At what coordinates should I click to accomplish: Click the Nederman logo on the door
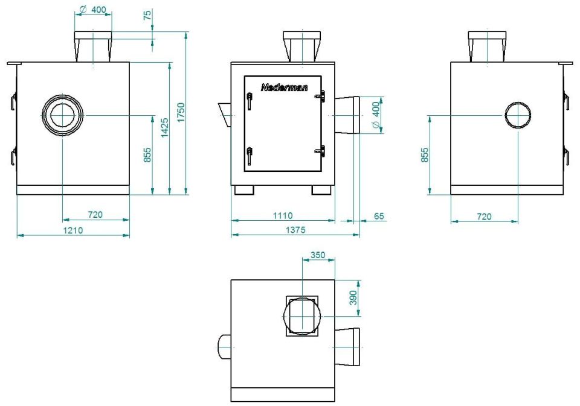(284, 87)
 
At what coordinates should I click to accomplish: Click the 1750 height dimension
(181, 113)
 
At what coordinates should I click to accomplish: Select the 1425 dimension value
(164, 128)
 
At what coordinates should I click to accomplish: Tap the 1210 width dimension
(73, 230)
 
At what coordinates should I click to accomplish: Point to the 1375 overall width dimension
(295, 230)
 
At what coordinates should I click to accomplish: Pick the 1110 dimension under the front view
(283, 216)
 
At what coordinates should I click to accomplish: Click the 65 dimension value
(379, 216)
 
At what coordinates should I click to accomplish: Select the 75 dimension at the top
(147, 15)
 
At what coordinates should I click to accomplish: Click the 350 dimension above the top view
(318, 255)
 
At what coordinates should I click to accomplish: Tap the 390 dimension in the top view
(353, 298)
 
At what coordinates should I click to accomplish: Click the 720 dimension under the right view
(484, 217)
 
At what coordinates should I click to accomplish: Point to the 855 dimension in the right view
(425, 155)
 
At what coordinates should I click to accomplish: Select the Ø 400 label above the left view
(93, 10)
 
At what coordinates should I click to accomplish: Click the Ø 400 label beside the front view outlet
(376, 115)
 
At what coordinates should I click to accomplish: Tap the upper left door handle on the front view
(250, 101)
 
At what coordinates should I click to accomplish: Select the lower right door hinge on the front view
(320, 151)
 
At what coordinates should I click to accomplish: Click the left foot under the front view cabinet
(244, 190)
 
